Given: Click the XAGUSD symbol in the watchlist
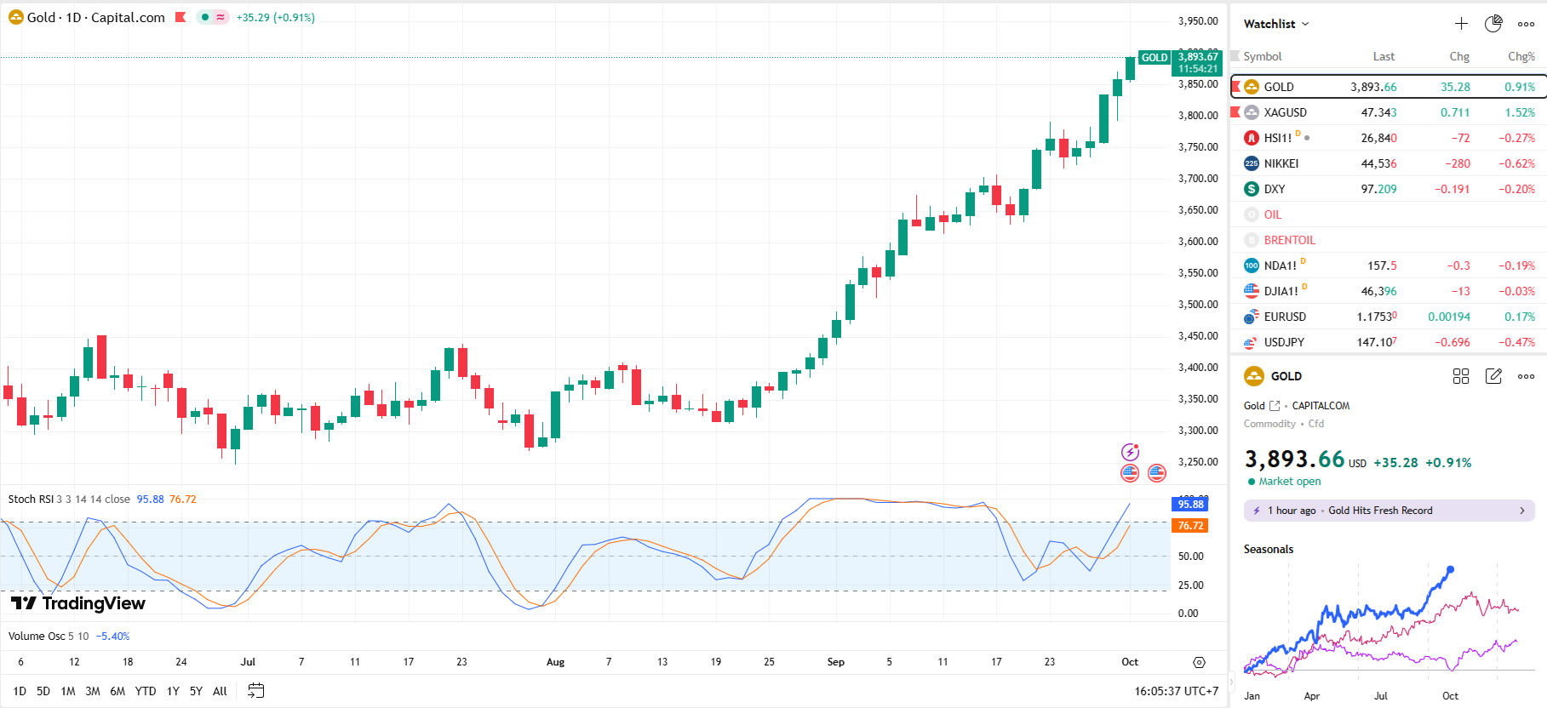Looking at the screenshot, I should tap(1285, 112).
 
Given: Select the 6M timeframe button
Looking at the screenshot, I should tap(117, 691).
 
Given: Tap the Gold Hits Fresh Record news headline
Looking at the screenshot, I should tap(1380, 511).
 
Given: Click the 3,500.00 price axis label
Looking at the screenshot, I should tap(1198, 305).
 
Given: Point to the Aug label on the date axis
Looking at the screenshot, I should tap(555, 662).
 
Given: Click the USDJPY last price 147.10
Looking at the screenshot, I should tap(1378, 342).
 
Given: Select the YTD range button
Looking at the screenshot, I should tap(146, 691).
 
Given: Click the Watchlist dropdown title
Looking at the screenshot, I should tap(1275, 24).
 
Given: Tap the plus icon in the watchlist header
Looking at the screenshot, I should tap(1461, 24).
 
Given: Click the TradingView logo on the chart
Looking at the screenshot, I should tap(78, 603).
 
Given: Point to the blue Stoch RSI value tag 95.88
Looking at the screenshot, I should tap(1190, 505).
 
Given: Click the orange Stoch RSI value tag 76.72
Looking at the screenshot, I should tap(1190, 526).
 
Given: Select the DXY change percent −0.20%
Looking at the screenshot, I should tap(1516, 189).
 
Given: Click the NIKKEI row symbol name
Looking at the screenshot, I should tap(1281, 163).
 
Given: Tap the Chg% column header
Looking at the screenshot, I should tap(1521, 56).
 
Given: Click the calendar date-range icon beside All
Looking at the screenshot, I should tap(255, 691).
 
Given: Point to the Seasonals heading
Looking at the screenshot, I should tap(1268, 549).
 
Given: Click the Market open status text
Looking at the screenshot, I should tap(1289, 482).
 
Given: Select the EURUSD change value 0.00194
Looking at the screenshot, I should tap(1448, 317).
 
